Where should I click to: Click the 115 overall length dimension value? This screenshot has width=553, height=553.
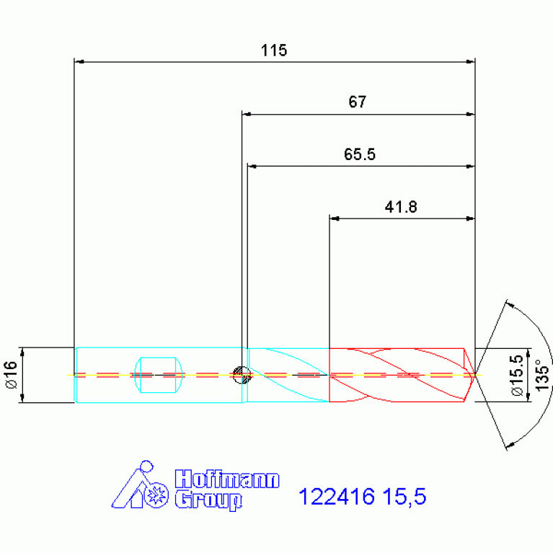[274, 50]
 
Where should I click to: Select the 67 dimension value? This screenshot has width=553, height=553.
[358, 102]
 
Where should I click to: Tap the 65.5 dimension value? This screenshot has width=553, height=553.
[359, 154]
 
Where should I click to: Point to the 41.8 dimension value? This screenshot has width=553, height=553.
[401, 207]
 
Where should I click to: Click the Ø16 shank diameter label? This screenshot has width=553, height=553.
[12, 374]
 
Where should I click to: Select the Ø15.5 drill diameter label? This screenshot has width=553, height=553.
[517, 375]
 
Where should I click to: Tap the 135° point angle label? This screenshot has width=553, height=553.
[543, 375]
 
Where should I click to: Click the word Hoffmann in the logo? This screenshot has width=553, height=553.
[227, 479]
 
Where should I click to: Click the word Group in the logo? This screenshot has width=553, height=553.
[208, 500]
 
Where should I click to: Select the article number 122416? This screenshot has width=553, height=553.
[337, 497]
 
